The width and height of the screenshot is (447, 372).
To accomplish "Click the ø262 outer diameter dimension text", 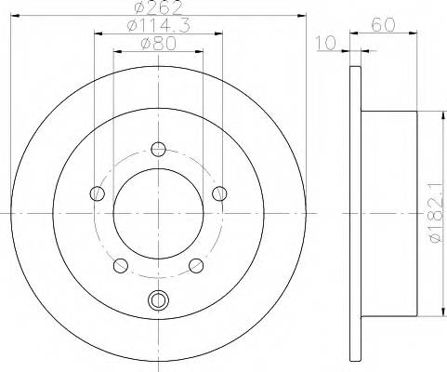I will coord(158,11).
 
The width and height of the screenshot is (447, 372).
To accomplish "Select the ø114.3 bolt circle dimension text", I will coord(158,29).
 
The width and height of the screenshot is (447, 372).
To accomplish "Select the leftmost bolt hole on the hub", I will coord(97,193).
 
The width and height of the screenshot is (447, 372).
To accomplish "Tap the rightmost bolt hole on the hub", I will coord(219,193).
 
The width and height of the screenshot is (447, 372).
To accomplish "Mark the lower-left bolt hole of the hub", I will coord(120,266).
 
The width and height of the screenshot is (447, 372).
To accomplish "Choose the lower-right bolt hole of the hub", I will coord(196,266).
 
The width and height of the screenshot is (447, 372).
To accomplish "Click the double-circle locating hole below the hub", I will coord(158,300).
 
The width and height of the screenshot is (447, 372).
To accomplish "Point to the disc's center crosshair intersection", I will coord(158,214).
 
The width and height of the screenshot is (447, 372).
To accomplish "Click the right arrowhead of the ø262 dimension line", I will coord(302,17).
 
